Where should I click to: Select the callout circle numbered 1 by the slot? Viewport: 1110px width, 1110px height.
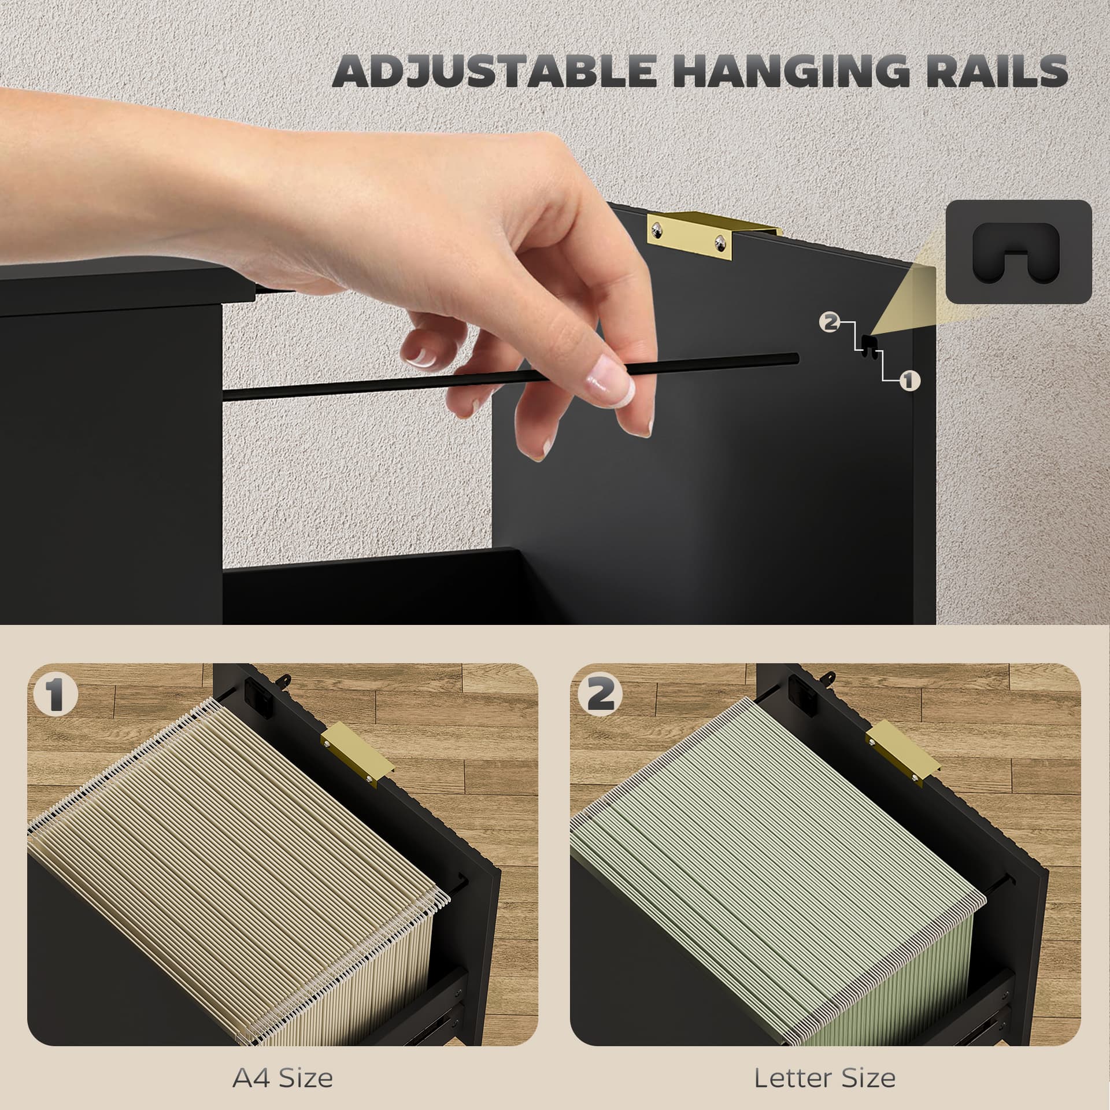pos(909,380)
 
